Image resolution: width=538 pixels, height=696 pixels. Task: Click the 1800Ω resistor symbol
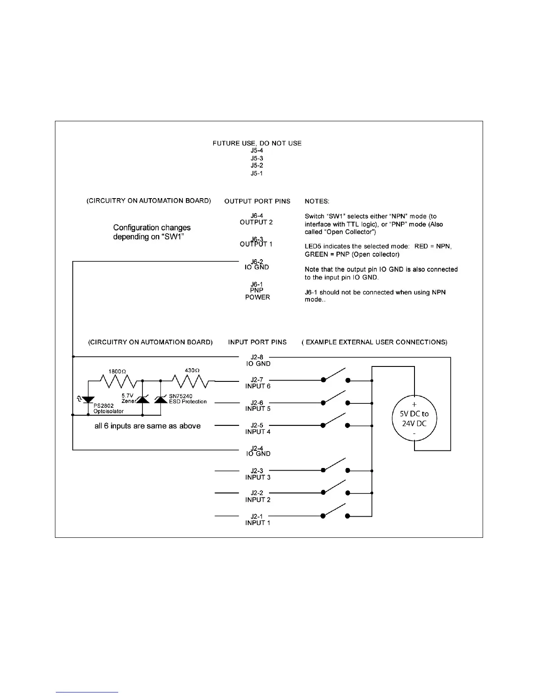tap(116, 381)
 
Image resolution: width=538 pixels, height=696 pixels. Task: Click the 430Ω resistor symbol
tap(190, 381)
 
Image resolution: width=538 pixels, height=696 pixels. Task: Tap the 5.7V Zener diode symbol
tap(142, 399)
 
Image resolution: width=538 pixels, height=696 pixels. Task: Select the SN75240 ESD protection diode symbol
tap(161, 399)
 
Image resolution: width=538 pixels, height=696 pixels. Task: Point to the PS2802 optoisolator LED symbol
tap(88, 399)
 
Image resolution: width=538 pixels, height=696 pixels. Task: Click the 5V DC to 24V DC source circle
tap(414, 419)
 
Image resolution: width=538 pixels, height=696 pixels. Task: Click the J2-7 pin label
tap(257, 380)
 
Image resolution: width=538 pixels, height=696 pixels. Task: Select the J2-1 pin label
tap(257, 516)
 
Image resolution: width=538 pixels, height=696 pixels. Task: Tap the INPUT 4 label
tap(258, 432)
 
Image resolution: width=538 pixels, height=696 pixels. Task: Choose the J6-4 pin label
tap(257, 216)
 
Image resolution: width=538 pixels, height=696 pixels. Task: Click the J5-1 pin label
tap(257, 173)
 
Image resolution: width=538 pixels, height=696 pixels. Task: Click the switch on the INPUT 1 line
tap(335, 512)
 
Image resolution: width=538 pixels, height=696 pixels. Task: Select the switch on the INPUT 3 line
tap(335, 466)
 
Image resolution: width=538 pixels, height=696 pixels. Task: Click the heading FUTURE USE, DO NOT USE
tap(257, 143)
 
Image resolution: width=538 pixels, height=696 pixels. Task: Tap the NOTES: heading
tap(317, 201)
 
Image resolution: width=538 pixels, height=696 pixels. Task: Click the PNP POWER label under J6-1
tap(258, 294)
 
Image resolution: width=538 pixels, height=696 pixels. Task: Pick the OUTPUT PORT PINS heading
tap(257, 201)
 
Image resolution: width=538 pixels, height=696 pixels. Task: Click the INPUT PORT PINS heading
tap(257, 342)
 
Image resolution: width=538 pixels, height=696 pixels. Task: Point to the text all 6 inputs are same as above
tap(148, 426)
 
